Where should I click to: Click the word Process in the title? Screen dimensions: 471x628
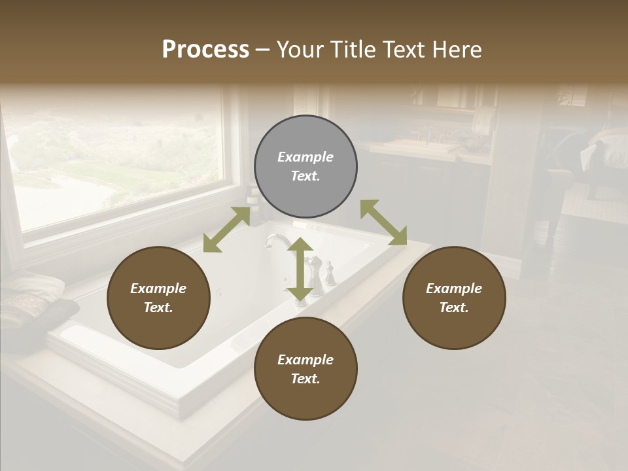coord(205,50)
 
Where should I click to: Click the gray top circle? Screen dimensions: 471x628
coord(305,167)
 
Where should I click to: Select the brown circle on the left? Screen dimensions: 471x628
coord(158,298)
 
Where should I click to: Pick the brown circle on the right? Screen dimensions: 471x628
coord(454,298)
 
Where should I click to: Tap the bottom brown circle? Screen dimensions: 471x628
coord(305,369)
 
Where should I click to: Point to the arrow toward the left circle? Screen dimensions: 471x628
coord(226,228)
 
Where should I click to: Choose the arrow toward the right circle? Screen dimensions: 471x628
coord(383,222)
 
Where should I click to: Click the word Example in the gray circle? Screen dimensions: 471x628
coord(305,157)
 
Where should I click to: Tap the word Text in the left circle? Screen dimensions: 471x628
coord(158,307)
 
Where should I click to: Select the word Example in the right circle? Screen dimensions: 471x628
coord(454,288)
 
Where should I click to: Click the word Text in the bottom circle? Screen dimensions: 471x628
coord(305,379)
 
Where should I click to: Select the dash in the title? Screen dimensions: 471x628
coord(263,50)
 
